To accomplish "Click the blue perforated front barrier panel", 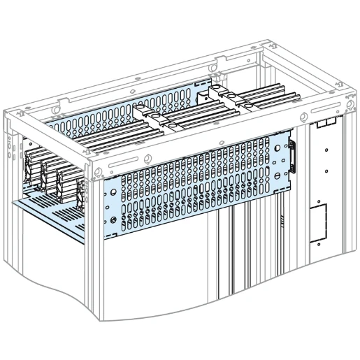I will point(196,189).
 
